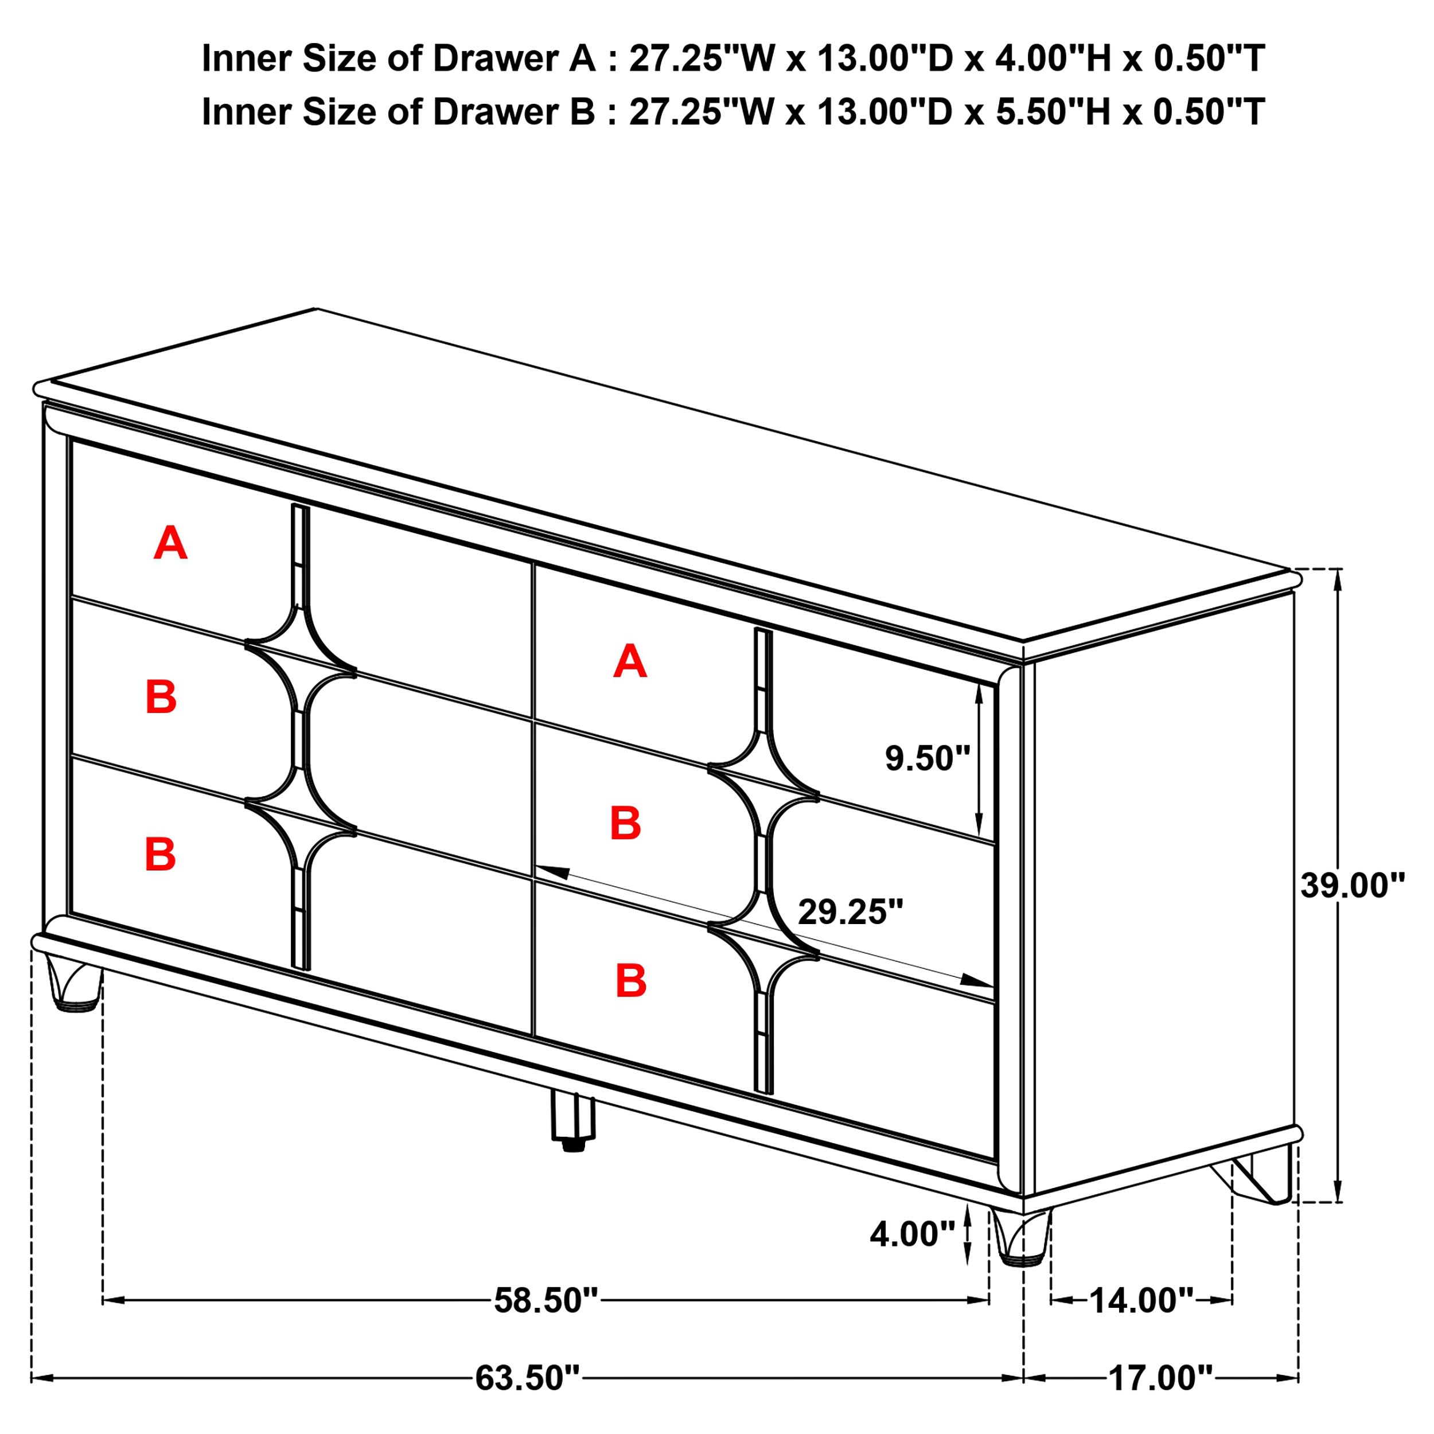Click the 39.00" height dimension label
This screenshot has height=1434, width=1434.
pyautogui.click(x=1353, y=886)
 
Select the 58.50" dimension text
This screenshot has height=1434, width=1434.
pyautogui.click(x=546, y=1300)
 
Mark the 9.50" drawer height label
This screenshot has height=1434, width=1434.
pyautogui.click(x=928, y=758)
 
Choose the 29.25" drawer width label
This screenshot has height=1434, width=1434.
pyautogui.click(x=851, y=912)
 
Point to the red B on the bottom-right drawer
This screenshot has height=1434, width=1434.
pyautogui.click(x=631, y=981)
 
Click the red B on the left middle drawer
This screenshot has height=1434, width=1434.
pyautogui.click(x=161, y=697)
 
